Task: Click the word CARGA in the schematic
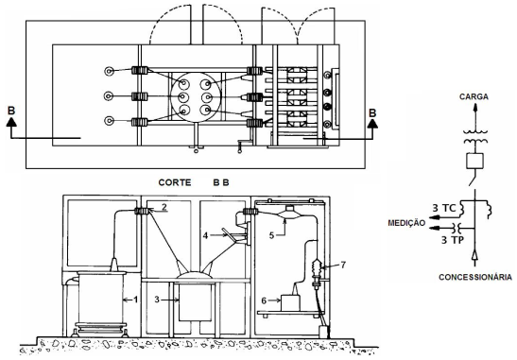pyautogui.click(x=474, y=96)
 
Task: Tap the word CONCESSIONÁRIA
pyautogui.click(x=475, y=277)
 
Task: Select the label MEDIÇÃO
pyautogui.click(x=406, y=223)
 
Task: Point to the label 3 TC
pyautogui.click(x=444, y=208)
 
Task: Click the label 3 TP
pyautogui.click(x=453, y=240)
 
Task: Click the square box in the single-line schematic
pyautogui.click(x=475, y=161)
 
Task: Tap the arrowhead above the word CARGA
pyautogui.click(x=475, y=106)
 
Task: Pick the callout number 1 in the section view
pyautogui.click(x=135, y=300)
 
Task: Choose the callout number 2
pyautogui.click(x=164, y=207)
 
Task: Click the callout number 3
pyautogui.click(x=157, y=300)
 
